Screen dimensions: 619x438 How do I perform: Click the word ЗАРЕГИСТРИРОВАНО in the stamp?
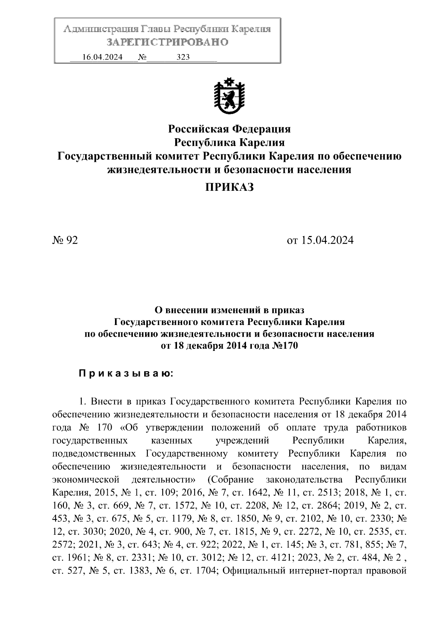(x=167, y=42)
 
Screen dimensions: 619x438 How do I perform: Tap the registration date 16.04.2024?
(x=102, y=57)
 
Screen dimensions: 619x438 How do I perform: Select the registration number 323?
(x=183, y=57)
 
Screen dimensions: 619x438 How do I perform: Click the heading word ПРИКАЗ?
(x=229, y=187)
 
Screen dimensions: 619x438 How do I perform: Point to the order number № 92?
(x=65, y=240)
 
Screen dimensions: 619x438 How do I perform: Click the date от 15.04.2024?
(x=320, y=240)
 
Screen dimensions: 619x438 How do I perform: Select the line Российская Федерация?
(x=229, y=129)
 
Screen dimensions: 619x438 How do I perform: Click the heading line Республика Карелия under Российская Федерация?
(x=229, y=142)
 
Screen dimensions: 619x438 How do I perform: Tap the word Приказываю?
(x=126, y=374)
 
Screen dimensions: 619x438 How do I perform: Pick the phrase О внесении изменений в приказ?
(x=229, y=310)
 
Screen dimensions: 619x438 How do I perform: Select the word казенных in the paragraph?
(x=172, y=441)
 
